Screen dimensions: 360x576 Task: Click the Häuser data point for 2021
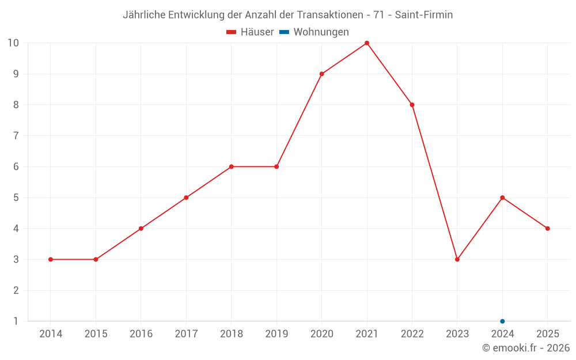pos(367,43)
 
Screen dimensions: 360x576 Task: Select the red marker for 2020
pos(321,74)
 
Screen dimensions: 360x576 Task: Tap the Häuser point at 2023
pos(457,259)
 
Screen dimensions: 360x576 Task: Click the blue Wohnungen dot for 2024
pos(502,321)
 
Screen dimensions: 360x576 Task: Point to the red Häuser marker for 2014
pos(51,259)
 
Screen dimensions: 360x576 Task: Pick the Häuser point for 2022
pos(412,105)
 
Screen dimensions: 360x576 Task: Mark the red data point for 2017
pos(186,198)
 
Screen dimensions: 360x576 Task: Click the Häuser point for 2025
pos(548,229)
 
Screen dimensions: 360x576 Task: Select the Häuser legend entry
pos(250,32)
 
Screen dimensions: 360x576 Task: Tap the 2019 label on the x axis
pos(276,334)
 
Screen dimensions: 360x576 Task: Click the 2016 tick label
pos(141,334)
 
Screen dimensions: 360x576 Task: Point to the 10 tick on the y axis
pos(13,43)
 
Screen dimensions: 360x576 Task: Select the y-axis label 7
pos(16,136)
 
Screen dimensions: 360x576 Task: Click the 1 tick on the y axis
pos(16,321)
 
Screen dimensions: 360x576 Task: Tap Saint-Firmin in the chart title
pos(424,15)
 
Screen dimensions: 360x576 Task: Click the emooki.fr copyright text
pos(526,348)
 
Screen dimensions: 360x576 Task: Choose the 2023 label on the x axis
pos(457,334)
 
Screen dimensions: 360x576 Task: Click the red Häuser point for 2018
pos(231,166)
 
